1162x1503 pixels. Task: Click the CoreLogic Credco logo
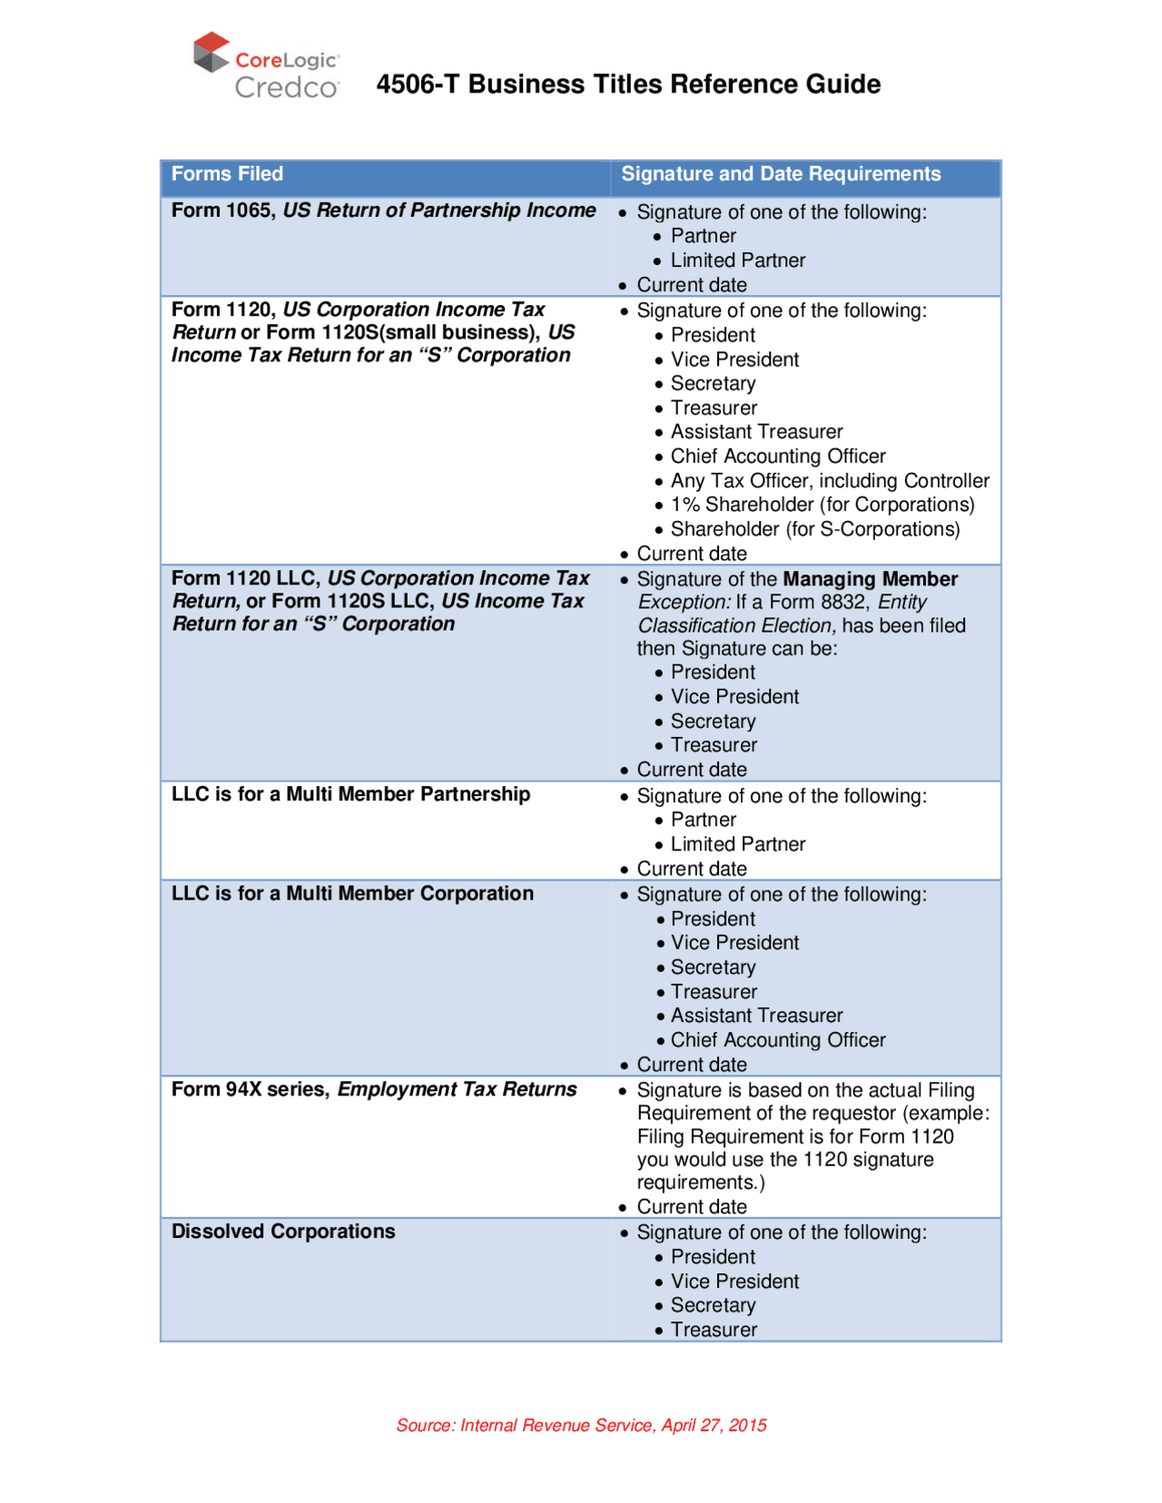point(266,65)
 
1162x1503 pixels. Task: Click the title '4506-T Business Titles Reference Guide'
point(628,84)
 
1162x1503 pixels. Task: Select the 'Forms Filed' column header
point(227,174)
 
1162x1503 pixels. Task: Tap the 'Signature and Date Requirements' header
point(781,174)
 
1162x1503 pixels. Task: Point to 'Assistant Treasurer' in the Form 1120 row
point(756,432)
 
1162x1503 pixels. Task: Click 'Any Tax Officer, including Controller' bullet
point(830,481)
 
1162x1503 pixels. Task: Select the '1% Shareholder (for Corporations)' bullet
point(822,505)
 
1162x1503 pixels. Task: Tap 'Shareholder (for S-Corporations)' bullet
point(814,529)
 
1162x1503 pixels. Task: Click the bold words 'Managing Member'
point(870,579)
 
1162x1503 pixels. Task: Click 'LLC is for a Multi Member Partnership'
point(350,794)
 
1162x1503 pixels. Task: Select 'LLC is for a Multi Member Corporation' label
point(352,893)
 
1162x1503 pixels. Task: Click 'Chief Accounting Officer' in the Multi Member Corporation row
point(778,1040)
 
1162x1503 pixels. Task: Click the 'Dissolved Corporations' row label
point(283,1232)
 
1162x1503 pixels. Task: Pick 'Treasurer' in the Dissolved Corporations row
point(714,1330)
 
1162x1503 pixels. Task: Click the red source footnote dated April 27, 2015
point(581,1425)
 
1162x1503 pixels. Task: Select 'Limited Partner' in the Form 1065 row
point(737,260)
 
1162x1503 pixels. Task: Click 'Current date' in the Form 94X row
point(692,1207)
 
